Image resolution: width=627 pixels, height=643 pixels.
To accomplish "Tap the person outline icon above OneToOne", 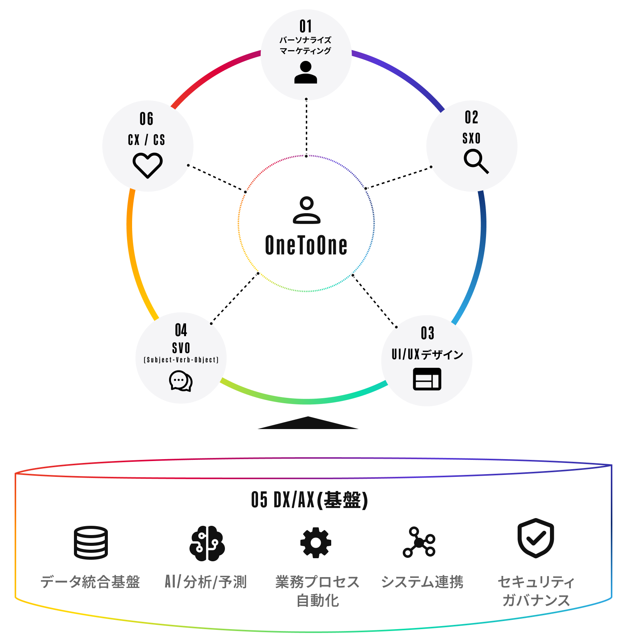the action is tap(307, 210).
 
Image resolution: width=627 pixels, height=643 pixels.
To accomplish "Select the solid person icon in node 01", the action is tap(305, 72).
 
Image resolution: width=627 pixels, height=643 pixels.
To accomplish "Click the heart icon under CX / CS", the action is tap(148, 165).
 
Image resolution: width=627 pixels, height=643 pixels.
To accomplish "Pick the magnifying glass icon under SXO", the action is tap(476, 162).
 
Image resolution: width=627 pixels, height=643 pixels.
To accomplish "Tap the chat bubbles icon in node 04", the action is tap(181, 381).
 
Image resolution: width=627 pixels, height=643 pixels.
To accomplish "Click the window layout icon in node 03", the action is tap(427, 379).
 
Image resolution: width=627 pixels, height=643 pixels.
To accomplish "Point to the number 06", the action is tap(146, 119).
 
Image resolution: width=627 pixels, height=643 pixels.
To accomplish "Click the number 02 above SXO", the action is tap(471, 117).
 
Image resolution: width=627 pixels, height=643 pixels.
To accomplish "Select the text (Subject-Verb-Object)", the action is tap(181, 360).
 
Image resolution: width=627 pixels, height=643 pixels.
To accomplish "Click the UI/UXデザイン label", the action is tap(427, 354).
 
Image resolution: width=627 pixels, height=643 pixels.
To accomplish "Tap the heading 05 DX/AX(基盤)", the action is tap(310, 500).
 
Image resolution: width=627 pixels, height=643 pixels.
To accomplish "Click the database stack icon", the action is tap(91, 543).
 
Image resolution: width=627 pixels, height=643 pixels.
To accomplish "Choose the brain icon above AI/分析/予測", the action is tap(207, 544).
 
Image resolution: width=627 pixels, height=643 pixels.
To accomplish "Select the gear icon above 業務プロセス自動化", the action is tap(316, 543).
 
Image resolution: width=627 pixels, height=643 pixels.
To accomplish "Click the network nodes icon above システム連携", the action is tap(419, 542).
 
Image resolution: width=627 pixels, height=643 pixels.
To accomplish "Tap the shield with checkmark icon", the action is tap(536, 538).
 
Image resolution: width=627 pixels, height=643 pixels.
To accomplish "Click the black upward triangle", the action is tap(308, 423).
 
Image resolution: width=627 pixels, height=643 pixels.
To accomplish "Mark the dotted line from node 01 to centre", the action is tap(307, 128).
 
